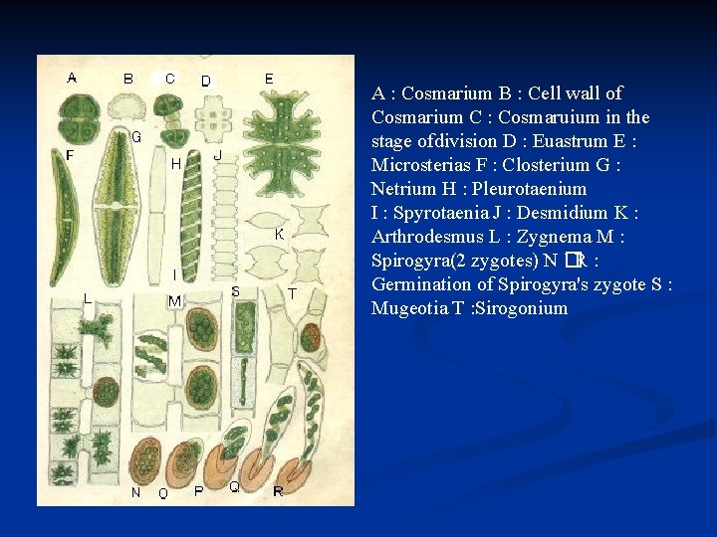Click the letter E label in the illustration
269,78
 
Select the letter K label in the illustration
280,235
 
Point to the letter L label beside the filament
88,297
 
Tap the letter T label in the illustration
292,293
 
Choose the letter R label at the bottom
278,490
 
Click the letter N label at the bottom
135,492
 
